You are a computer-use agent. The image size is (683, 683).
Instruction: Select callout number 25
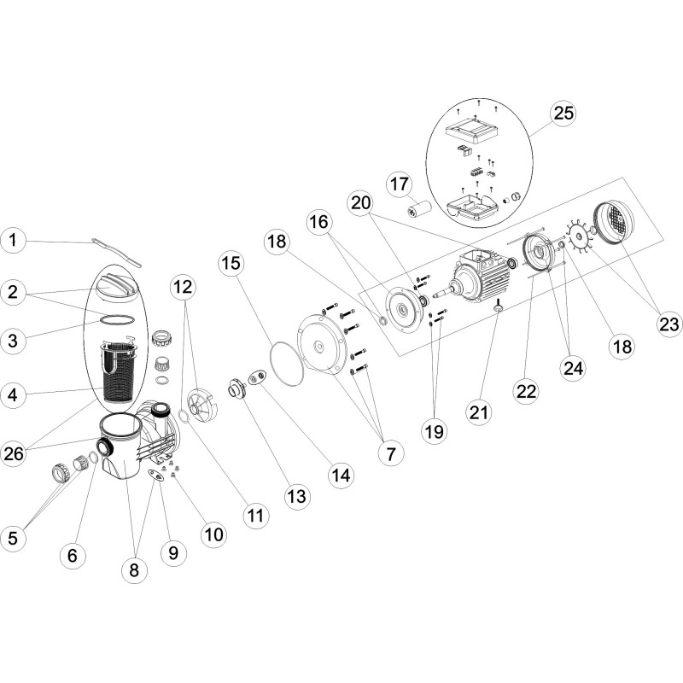(x=563, y=114)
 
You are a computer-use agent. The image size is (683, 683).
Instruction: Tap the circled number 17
(x=401, y=184)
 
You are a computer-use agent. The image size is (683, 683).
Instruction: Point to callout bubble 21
(x=478, y=412)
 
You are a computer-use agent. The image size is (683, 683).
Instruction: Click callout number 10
(x=213, y=534)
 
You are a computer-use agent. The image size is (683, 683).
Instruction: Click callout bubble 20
(x=361, y=202)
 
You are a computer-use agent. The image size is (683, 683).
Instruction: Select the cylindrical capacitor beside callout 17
(x=421, y=208)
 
